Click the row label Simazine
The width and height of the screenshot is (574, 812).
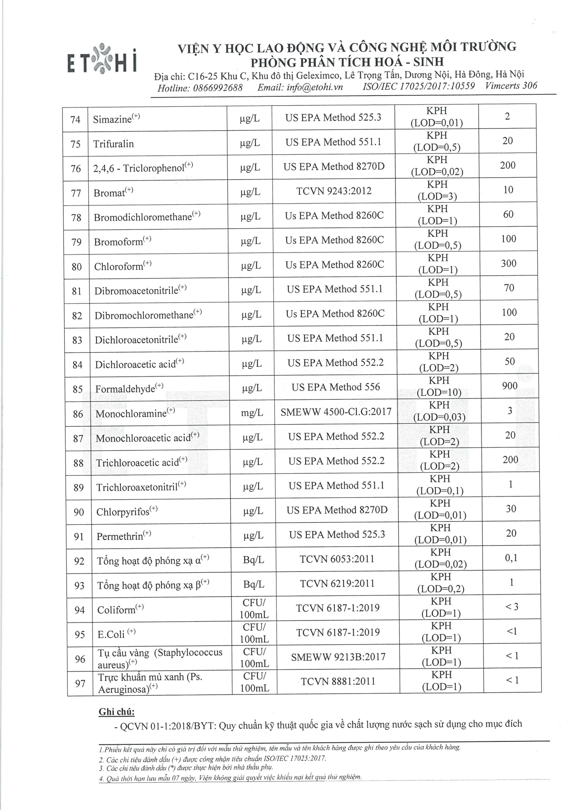(x=112, y=119)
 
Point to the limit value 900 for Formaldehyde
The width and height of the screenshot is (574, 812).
(x=510, y=386)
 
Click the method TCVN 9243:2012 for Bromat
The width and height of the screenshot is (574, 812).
(x=334, y=191)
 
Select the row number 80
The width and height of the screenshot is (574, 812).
(x=77, y=267)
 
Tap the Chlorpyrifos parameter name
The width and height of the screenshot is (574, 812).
(x=123, y=512)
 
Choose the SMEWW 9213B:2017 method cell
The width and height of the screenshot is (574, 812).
(x=338, y=657)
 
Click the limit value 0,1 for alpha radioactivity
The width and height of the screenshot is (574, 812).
(x=511, y=558)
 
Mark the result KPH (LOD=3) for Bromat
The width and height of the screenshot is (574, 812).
(x=437, y=190)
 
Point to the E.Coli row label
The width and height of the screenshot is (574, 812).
(x=111, y=634)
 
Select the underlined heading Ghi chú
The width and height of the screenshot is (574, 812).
(x=117, y=712)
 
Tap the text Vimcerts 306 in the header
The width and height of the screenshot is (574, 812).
(x=511, y=86)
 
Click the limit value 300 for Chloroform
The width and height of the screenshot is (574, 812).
(x=508, y=263)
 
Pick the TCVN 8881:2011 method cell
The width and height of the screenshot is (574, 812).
(x=338, y=681)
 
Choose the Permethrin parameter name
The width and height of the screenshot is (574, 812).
(x=120, y=537)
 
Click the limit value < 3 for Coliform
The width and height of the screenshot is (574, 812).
(x=512, y=607)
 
